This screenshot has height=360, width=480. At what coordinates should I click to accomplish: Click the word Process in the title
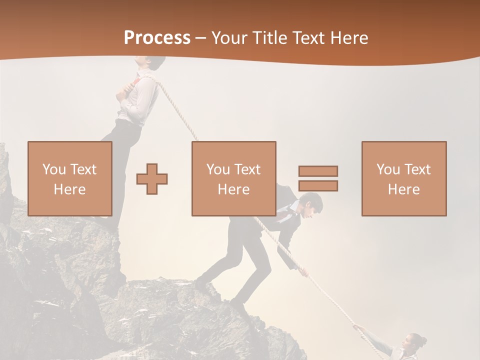[x=157, y=37]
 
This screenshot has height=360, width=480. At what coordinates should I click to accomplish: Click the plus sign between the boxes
[x=152, y=178]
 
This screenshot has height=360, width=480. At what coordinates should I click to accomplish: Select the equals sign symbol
[x=318, y=178]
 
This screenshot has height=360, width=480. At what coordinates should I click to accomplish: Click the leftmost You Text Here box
[x=70, y=178]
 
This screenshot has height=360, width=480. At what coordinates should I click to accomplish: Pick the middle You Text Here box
[x=234, y=178]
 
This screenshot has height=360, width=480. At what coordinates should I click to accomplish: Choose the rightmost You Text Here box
[x=404, y=178]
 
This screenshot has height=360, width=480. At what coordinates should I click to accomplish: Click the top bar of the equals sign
[x=318, y=171]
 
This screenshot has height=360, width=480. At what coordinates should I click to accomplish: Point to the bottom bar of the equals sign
[x=318, y=185]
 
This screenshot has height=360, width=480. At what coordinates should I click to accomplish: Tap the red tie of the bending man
[x=285, y=215]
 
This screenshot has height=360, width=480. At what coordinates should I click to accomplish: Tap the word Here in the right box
[x=404, y=189]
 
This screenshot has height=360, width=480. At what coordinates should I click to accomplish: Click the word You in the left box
[x=54, y=169]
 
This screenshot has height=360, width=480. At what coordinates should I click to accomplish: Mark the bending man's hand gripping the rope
[x=302, y=273]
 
